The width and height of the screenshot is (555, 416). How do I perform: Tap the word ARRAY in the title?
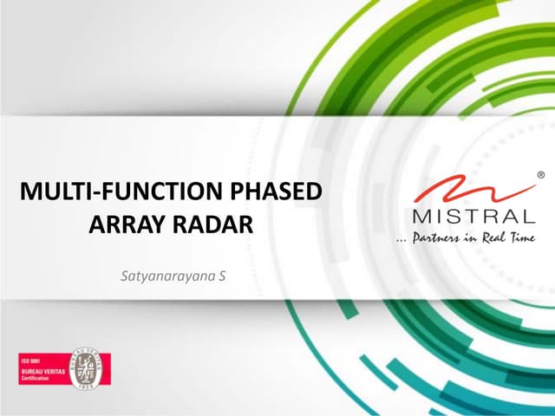click(x=125, y=225)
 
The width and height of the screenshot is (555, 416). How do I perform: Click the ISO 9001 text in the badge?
click(x=31, y=358)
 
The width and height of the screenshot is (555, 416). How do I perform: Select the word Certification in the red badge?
click(x=37, y=376)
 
